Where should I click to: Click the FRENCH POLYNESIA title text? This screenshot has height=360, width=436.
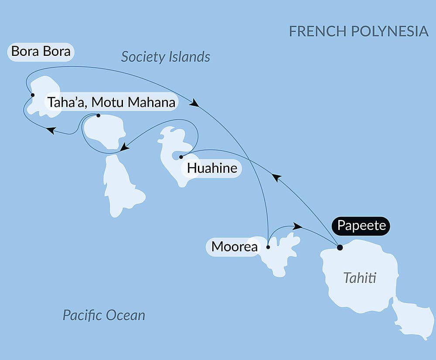[x=358, y=31]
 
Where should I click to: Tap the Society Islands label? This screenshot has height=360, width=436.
[x=166, y=57]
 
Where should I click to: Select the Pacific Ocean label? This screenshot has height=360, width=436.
[x=104, y=315]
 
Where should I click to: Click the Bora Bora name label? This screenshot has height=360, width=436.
[x=41, y=51]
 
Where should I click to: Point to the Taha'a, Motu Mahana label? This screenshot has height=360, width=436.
[x=111, y=103]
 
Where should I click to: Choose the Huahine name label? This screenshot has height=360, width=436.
[x=212, y=168]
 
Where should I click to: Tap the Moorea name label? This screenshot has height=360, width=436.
[x=234, y=247]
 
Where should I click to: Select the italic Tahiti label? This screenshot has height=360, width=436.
[x=360, y=278]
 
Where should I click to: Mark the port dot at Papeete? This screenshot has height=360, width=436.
[x=340, y=247]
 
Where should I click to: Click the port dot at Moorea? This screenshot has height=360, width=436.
[x=268, y=247]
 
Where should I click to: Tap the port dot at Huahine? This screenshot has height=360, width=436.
[x=181, y=156]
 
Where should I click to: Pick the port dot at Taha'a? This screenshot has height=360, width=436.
[x=98, y=116]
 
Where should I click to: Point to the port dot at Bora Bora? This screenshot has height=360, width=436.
[x=33, y=95]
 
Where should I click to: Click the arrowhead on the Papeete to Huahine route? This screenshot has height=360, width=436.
[x=276, y=177]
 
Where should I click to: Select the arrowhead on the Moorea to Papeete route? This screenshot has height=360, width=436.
[x=297, y=226]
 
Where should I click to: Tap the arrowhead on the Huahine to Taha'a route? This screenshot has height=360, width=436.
[x=124, y=147]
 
